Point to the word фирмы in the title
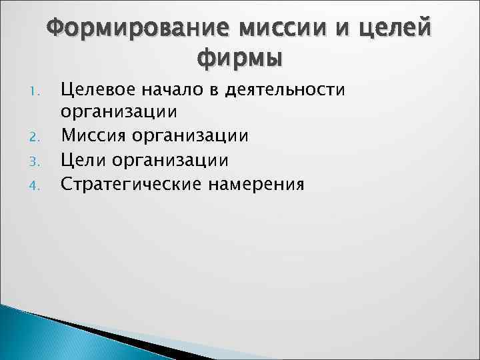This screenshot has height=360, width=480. pos(240,58)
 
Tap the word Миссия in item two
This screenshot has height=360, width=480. pos(95,136)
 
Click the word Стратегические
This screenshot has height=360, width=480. pos(130,184)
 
